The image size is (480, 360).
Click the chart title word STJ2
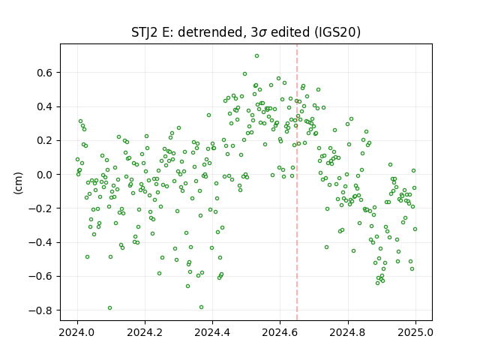pyautogui.click(x=145, y=32)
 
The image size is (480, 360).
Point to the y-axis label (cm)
pyautogui.click(x=18, y=183)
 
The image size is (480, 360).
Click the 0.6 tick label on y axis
pyautogui.click(x=45, y=73)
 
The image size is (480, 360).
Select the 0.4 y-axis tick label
pyautogui.click(x=45, y=106)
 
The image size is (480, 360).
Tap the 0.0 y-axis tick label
pyautogui.click(x=45, y=175)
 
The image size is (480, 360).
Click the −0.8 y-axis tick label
pyautogui.click(x=40, y=310)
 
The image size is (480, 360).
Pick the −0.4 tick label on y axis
pyautogui.click(x=40, y=242)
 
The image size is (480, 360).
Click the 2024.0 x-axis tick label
pyautogui.click(x=77, y=332)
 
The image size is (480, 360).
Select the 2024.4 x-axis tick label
pyautogui.click(x=212, y=332)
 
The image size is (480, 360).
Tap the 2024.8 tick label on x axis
pyautogui.click(x=348, y=332)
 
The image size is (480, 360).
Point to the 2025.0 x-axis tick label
pyautogui.click(x=415, y=332)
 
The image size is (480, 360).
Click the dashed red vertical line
pyautogui.click(x=297, y=182)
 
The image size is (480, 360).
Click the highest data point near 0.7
pyautogui.click(x=256, y=56)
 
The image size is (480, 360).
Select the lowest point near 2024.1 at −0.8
pyautogui.click(x=110, y=308)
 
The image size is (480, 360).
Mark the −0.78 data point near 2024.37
pyautogui.click(x=201, y=307)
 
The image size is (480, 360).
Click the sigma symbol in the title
pyautogui.click(x=262, y=33)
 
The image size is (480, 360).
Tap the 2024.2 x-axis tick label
pyautogui.click(x=145, y=332)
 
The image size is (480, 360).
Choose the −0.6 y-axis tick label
pyautogui.click(x=40, y=277)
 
